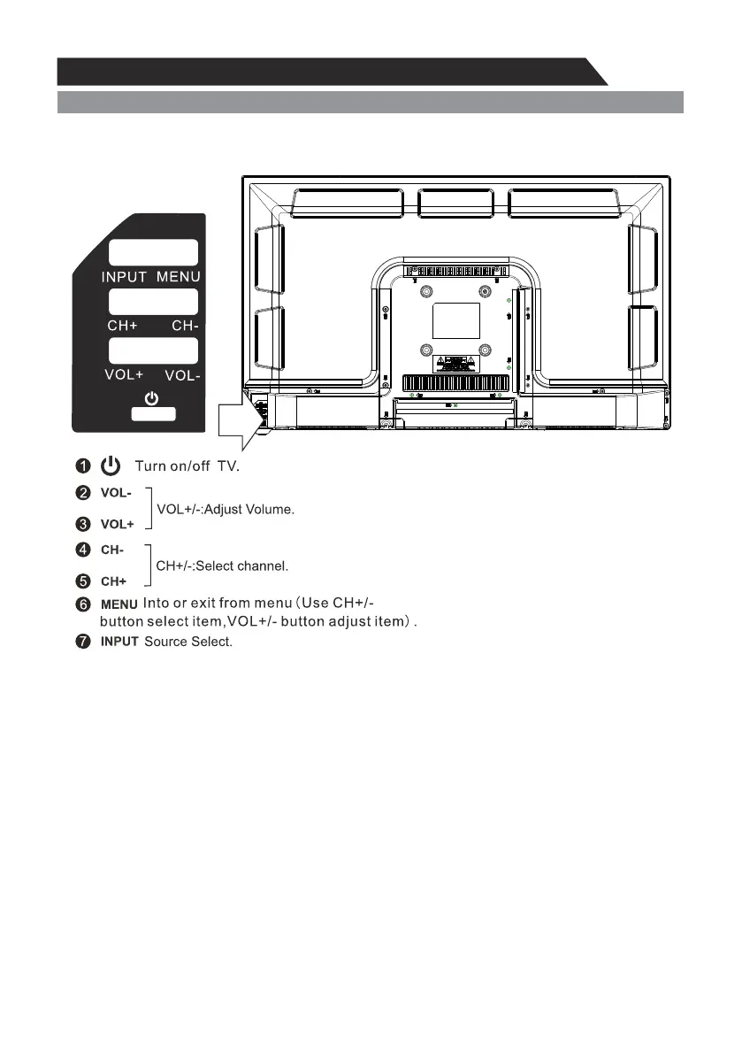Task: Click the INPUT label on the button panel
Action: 124,277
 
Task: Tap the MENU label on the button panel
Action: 179,277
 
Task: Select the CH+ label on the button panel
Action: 122,326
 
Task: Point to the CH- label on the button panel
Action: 186,326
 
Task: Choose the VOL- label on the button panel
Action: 183,375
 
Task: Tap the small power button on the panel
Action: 153,413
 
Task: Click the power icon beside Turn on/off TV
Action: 111,465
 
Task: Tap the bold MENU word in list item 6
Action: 119,604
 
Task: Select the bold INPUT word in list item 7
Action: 119,641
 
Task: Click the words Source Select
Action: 188,641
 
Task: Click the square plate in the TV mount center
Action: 455,319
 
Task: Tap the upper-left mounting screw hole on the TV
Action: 426,291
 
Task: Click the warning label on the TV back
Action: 455,363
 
